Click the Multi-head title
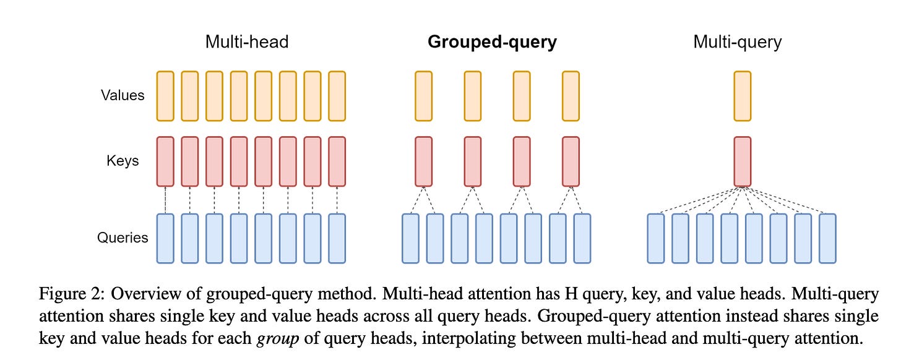click(247, 42)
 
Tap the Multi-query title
click(737, 42)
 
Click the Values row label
click(123, 96)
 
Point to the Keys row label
click(122, 161)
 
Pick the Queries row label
click(123, 238)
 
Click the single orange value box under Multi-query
click(742, 96)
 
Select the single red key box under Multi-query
click(742, 161)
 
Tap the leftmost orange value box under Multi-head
click(165, 96)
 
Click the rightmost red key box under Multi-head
click(337, 161)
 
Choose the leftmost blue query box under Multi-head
click(165, 238)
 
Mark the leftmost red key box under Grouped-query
click(423, 161)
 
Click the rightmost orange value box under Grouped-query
click(571, 96)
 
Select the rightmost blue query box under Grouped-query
click(582, 238)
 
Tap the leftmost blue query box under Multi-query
click(656, 238)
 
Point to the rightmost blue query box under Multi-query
click(827, 238)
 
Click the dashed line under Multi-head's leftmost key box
click(165, 200)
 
